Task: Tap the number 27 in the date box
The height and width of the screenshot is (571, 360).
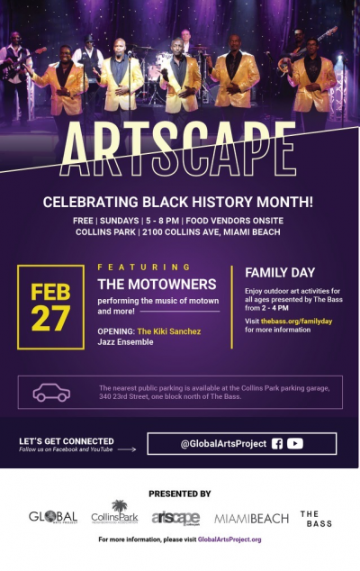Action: [x=50, y=317]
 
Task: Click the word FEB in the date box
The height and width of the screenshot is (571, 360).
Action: [x=50, y=293]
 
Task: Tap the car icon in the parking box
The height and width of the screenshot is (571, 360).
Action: [x=51, y=393]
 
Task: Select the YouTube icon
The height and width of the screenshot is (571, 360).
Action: [x=295, y=443]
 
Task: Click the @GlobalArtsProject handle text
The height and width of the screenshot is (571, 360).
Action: [x=222, y=443]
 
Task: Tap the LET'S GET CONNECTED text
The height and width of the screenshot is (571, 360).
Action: [x=67, y=440]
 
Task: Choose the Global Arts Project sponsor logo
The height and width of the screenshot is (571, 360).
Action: [x=52, y=518]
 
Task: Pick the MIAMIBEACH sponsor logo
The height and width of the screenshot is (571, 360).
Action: [x=251, y=519]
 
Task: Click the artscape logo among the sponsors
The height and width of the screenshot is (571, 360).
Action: [x=175, y=518]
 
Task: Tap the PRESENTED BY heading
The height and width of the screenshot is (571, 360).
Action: [x=180, y=494]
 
